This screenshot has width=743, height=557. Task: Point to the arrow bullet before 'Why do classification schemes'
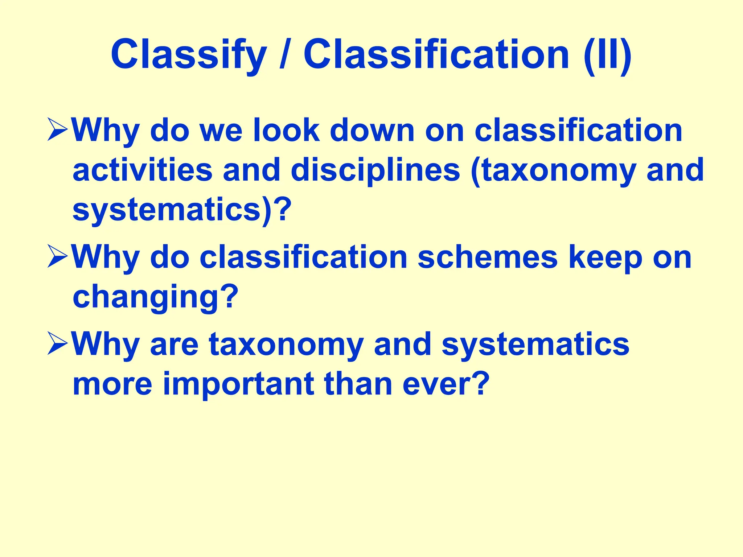(x=57, y=258)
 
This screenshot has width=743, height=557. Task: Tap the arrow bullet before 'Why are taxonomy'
(x=57, y=344)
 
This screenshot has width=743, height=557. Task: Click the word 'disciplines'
(x=375, y=170)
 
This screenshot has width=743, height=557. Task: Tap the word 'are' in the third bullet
(x=174, y=344)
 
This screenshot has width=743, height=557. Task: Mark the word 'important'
(x=239, y=384)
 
